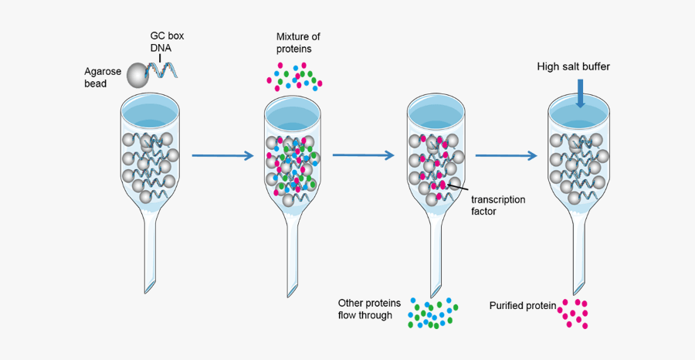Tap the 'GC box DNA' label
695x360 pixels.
click(167, 42)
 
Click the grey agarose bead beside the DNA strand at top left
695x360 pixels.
click(137, 75)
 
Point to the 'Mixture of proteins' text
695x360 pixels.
click(299, 42)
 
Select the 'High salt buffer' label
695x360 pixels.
click(573, 66)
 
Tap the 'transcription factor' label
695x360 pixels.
click(498, 205)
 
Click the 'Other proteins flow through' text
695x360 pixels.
click(369, 308)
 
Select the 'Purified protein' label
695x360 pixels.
click(523, 306)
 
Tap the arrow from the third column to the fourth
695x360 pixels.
click(506, 156)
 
